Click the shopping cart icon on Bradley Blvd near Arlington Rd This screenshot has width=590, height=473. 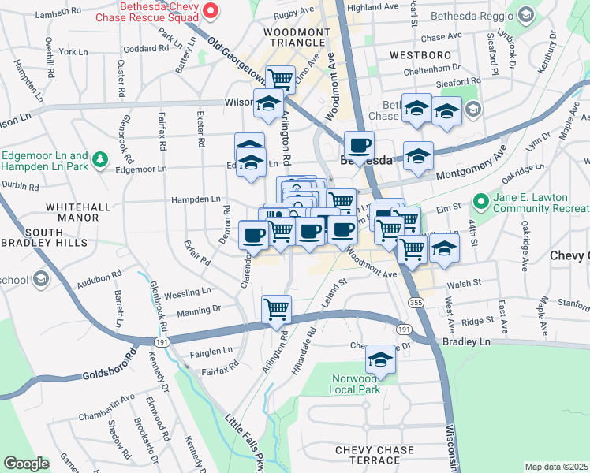pos(276,308)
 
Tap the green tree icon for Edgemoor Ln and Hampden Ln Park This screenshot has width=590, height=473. pos(99,160)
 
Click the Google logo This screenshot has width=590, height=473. pos(26,464)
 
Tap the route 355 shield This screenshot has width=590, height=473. pos(414,302)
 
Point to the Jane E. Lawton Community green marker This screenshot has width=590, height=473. pos(479,203)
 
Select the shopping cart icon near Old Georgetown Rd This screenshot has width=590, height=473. pos(279,78)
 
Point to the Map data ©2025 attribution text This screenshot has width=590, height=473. pos(556,467)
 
